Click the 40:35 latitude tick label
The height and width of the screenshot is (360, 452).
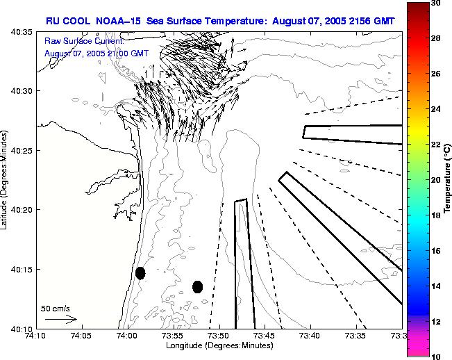pyautogui.click(x=22, y=32)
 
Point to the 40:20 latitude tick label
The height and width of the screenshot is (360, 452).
pyautogui.click(x=22, y=210)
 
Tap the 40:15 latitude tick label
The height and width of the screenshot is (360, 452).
pyautogui.click(x=22, y=270)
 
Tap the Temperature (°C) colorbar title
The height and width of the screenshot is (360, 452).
pyautogui.click(x=449, y=179)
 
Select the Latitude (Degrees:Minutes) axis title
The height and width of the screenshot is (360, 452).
pyautogui.click(x=6, y=180)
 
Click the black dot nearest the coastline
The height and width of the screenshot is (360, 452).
pyautogui.click(x=140, y=273)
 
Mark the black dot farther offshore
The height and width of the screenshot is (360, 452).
pyautogui.click(x=198, y=286)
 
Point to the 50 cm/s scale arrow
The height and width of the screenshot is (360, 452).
pyautogui.click(x=60, y=319)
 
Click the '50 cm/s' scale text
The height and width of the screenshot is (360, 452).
pyautogui.click(x=56, y=308)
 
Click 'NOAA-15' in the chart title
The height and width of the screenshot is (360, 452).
pyautogui.click(x=113, y=21)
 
